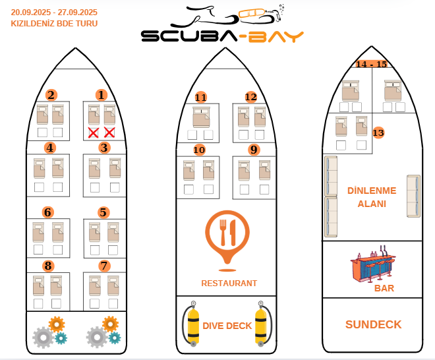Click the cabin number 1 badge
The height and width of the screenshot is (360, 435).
pos(101,95)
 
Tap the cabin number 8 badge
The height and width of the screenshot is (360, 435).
pos(48,266)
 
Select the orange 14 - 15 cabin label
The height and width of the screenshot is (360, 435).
pos(372,64)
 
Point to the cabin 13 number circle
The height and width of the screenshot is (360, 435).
pos(378,133)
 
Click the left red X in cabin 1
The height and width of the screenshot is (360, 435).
pos(93,133)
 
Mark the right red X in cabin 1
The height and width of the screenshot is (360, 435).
pos(109,133)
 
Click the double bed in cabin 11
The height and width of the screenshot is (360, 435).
pos(202,117)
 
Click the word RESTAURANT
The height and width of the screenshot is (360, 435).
pos(229,283)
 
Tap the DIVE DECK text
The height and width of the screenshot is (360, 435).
pos(227,326)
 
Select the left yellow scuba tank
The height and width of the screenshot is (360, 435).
pos(193,324)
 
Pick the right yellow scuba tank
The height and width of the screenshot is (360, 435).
pos(261,324)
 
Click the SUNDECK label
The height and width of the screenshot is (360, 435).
pos(374,324)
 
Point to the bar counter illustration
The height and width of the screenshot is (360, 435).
pos(372,264)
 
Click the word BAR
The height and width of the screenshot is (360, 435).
pos(384,288)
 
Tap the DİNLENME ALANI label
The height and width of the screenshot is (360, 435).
pos(372,197)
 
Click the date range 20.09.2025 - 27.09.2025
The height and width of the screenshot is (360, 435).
pos(54,13)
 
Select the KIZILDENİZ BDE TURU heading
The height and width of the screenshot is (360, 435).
pos(54,24)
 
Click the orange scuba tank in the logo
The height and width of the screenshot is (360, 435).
pos(252,13)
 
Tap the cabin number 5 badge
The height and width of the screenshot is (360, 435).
pos(103,212)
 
